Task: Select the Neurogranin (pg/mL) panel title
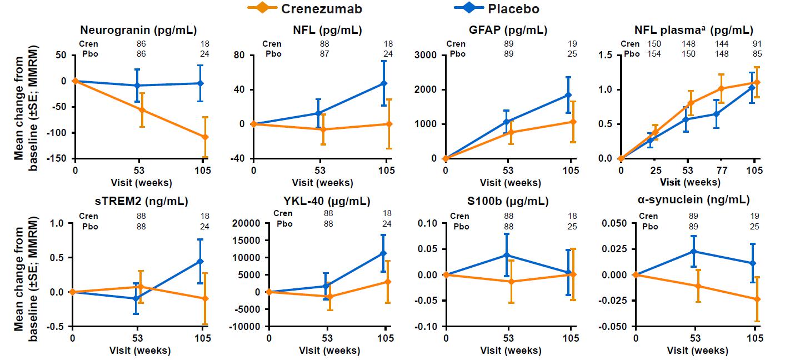pyautogui.click(x=138, y=30)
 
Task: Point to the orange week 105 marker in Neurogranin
pyautogui.click(x=205, y=137)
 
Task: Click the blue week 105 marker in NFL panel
pyautogui.click(x=384, y=83)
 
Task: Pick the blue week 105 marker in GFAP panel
pyautogui.click(x=568, y=95)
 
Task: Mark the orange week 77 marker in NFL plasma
pyautogui.click(x=722, y=89)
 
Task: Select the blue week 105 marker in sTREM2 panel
pyautogui.click(x=200, y=261)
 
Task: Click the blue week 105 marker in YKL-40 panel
pyautogui.click(x=383, y=253)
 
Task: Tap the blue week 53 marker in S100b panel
pyautogui.click(x=507, y=255)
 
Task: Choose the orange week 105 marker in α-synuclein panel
pyautogui.click(x=757, y=299)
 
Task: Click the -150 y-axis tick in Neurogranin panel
pyautogui.click(x=58, y=158)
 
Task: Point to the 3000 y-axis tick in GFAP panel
pyautogui.click(x=426, y=55)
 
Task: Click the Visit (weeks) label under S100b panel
pyautogui.click(x=511, y=351)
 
